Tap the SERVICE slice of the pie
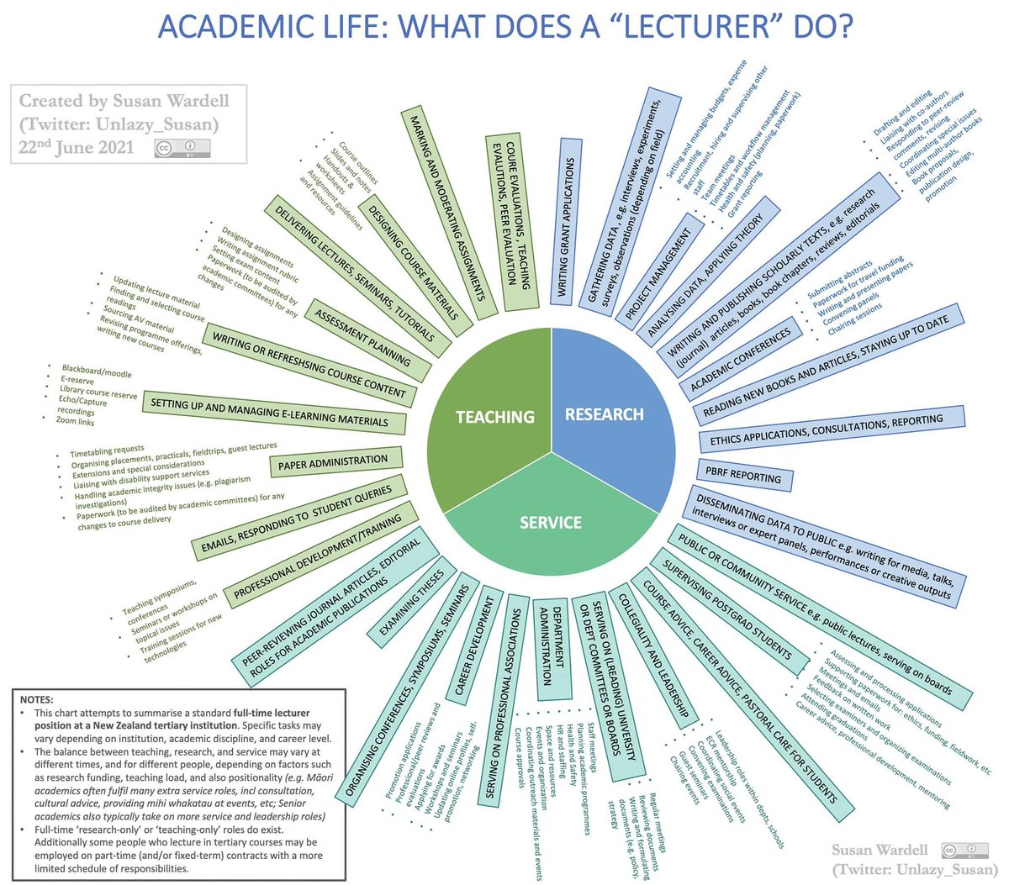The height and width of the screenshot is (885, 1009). click(551, 513)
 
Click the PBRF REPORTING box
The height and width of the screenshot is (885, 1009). click(743, 476)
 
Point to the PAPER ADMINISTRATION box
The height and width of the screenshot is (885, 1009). click(333, 462)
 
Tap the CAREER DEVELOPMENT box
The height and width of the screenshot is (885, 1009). click(474, 646)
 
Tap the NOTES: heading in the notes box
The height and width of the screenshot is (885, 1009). click(38, 699)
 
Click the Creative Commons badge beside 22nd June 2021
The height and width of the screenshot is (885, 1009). click(182, 147)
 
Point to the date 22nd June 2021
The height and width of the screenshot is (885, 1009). click(77, 147)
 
